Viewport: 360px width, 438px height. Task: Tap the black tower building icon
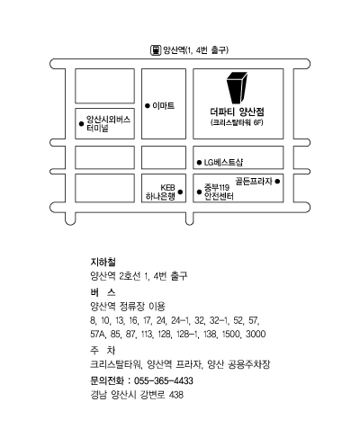tap(237, 88)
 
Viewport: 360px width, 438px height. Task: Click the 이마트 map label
tap(164, 105)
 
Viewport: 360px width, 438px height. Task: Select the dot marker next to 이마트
tap(148, 106)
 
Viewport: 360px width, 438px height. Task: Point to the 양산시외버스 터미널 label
tap(108, 124)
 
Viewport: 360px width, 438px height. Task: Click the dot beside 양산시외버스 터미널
tap(81, 123)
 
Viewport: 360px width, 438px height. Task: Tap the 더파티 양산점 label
tap(237, 112)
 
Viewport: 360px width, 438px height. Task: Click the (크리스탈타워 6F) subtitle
tap(237, 122)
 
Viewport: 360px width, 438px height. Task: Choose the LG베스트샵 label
tap(223, 163)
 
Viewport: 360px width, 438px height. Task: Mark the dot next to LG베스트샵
tap(199, 163)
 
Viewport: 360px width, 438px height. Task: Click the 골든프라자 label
tap(254, 181)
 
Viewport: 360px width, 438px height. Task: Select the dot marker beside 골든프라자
tap(277, 181)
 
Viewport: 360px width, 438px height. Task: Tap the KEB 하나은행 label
tap(160, 192)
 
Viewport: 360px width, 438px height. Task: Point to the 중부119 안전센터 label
tap(219, 192)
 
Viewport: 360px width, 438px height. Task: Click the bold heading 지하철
tap(103, 262)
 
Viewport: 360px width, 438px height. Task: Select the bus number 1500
tap(231, 334)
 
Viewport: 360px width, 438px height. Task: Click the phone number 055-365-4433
tap(164, 380)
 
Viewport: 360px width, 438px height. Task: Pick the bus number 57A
tap(98, 334)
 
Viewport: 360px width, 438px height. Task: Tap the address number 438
tap(176, 395)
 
